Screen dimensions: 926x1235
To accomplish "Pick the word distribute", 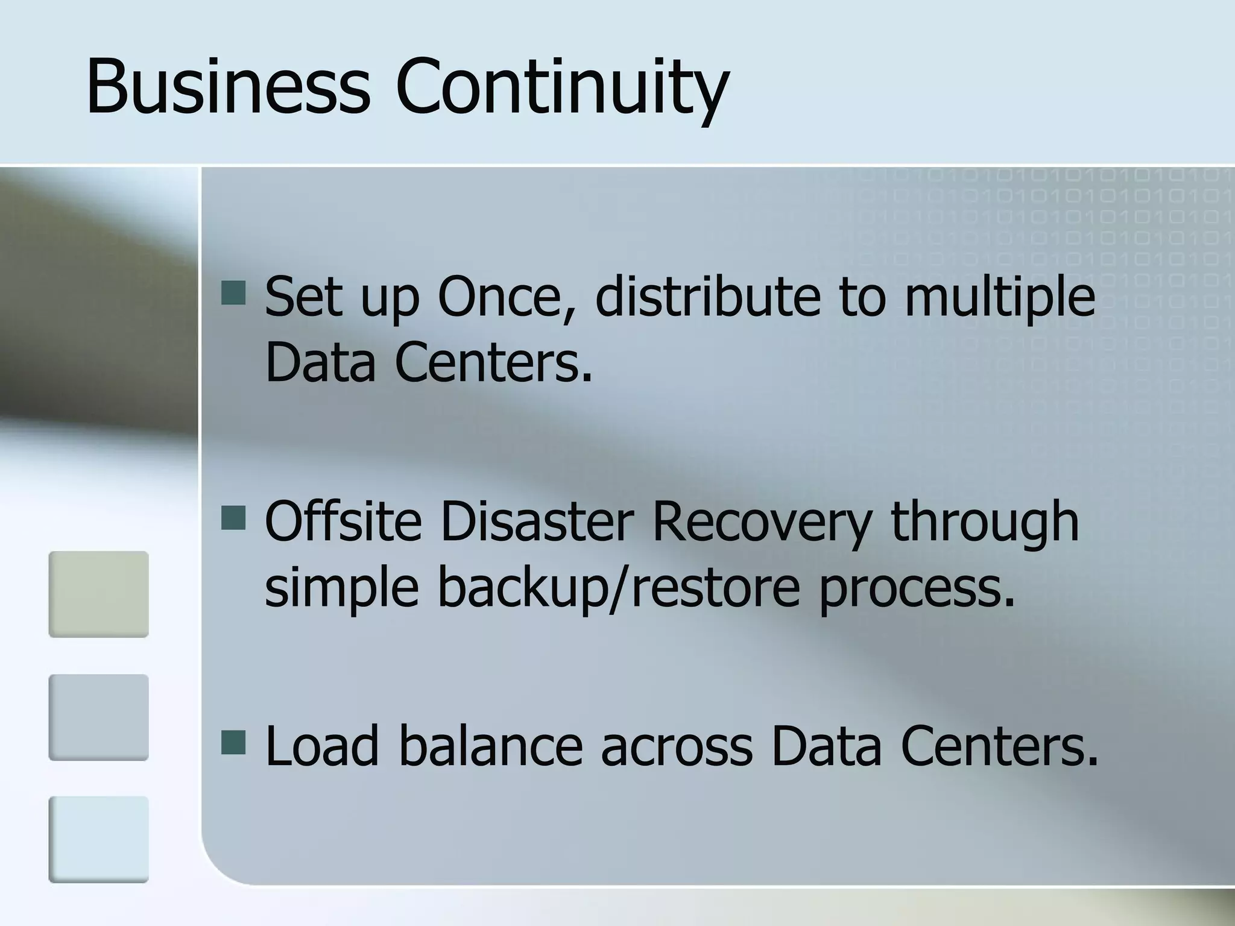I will tap(707, 297).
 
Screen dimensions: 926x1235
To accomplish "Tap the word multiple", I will tap(999, 297).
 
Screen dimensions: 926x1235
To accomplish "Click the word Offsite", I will tap(343, 521).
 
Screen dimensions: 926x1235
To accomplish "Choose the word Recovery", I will tap(761, 521).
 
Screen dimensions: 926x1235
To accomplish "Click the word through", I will tap(984, 521).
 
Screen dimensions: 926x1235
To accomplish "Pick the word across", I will tap(677, 746).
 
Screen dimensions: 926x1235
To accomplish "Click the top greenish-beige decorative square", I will tap(99, 594).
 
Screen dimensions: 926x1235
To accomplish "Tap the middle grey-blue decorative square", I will tap(99, 717).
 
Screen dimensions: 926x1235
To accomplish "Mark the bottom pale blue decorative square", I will tap(99, 839).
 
